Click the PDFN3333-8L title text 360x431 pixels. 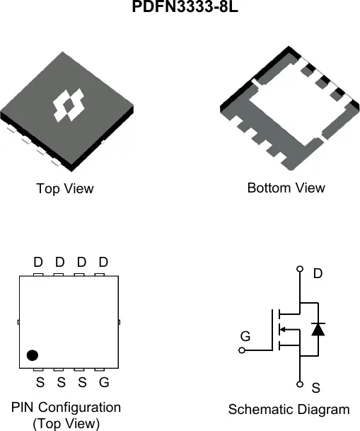pyautogui.click(x=185, y=6)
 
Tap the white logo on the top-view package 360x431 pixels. pyautogui.click(x=69, y=105)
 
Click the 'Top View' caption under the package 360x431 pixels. pyautogui.click(x=65, y=189)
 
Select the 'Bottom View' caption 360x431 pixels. pyautogui.click(x=286, y=188)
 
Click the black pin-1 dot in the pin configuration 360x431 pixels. pyautogui.click(x=33, y=355)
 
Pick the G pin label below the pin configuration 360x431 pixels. pyautogui.click(x=104, y=382)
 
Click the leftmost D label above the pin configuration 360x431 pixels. pyautogui.click(x=38, y=262)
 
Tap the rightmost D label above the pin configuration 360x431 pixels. pyautogui.click(x=103, y=262)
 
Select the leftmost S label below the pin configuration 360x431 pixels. pyautogui.click(x=40, y=382)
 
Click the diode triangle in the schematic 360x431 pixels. pyautogui.click(x=318, y=329)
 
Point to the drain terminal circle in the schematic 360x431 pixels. pyautogui.click(x=300, y=268)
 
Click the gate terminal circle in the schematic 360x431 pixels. pyautogui.click(x=242, y=350)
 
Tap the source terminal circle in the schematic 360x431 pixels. pyautogui.click(x=300, y=384)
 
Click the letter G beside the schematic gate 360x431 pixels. pyautogui.click(x=245, y=336)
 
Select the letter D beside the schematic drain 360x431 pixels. pyautogui.click(x=318, y=273)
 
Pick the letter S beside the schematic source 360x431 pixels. pyautogui.click(x=315, y=388)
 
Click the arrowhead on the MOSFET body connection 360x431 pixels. pyautogui.click(x=282, y=329)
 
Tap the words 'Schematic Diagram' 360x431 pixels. pyautogui.click(x=289, y=409)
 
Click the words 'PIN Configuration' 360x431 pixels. pyautogui.click(x=66, y=407)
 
